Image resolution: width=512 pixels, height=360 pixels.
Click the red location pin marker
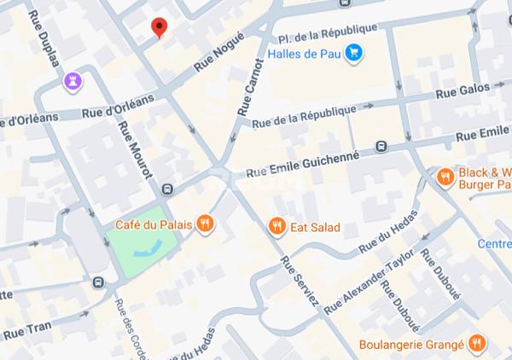coord(158,27)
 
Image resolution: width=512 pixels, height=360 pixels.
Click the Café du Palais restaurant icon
coord(204,224)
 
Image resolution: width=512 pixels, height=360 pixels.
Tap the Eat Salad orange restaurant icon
coord(276,227)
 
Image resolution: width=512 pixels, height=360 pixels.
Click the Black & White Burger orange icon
coord(445,177)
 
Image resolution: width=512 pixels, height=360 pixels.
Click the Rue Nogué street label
coord(218,51)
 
